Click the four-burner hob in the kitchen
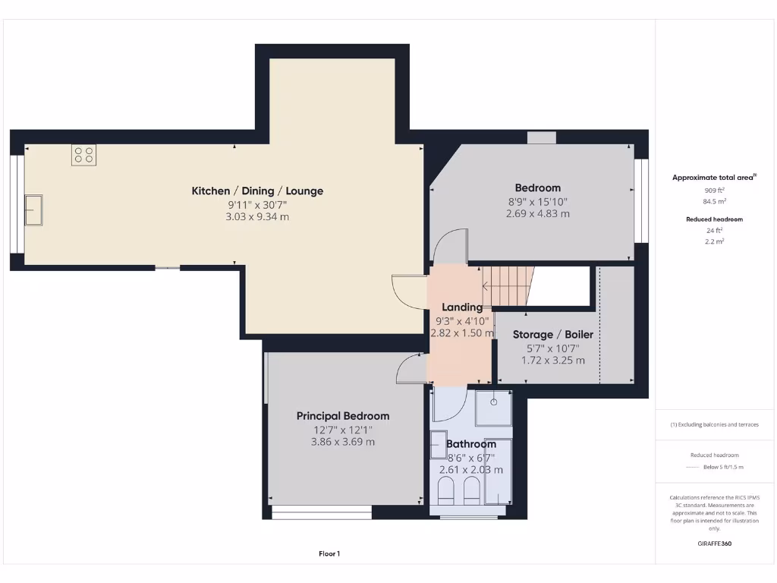83,156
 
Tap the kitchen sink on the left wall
33,209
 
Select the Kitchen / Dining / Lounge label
257,191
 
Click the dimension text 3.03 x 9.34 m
257,217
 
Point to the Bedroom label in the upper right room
537,188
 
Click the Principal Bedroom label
342,416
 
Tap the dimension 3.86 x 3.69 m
342,442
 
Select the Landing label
462,307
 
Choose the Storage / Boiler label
552,335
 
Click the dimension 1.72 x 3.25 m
552,361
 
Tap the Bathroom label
470,444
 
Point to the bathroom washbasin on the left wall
439,445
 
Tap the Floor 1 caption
329,554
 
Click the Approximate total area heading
713,177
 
